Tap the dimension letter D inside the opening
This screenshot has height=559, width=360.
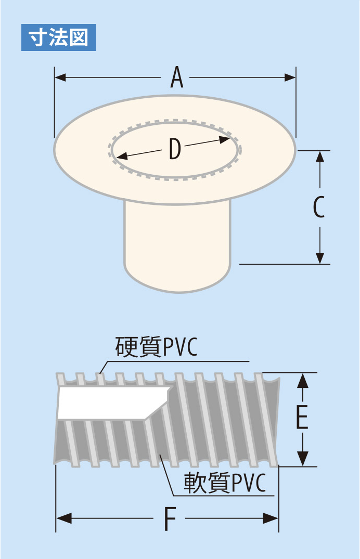click(x=175, y=149)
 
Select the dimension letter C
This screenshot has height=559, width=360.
click(x=319, y=207)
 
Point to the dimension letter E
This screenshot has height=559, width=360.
click(x=302, y=418)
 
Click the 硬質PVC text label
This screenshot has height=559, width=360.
click(x=156, y=348)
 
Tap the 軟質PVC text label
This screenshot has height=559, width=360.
click(x=225, y=483)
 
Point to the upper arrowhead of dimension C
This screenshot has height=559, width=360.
click(x=320, y=156)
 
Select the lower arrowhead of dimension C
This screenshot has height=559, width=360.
click(x=320, y=258)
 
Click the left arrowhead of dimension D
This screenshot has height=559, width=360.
click(x=121, y=155)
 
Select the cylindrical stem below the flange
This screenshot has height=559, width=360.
click(x=177, y=244)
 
